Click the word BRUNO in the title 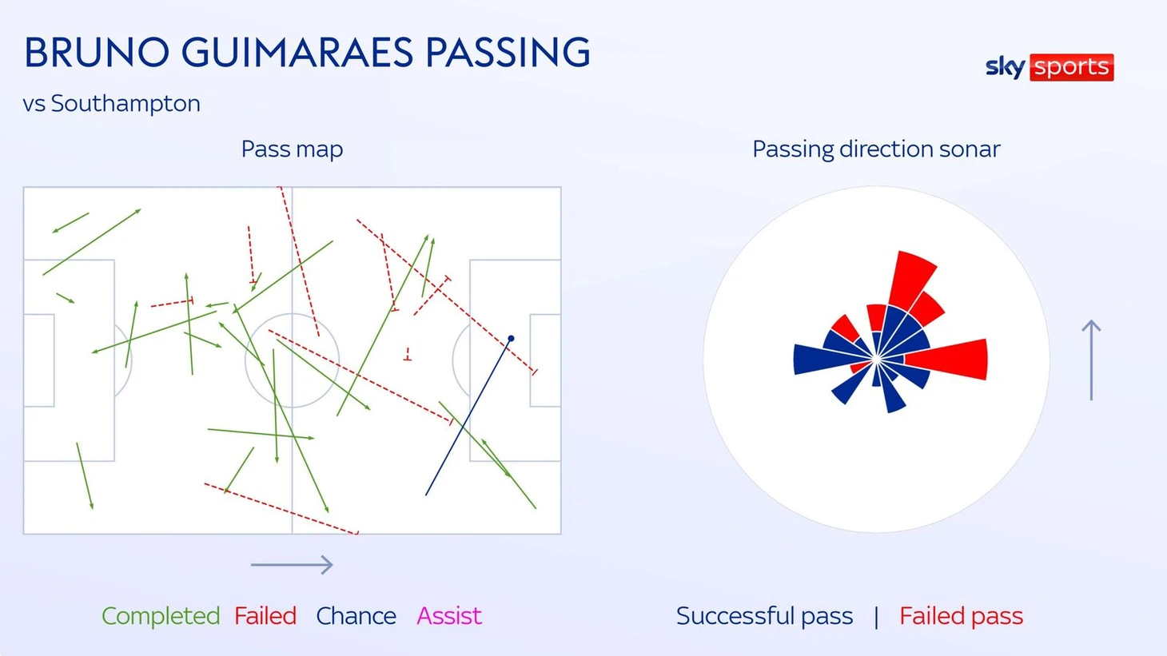pos(97,53)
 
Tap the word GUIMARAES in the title pos(297,53)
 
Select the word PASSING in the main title pos(508,53)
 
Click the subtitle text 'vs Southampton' pos(111,104)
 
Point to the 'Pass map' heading pos(292,149)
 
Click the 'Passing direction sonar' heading pos(876,149)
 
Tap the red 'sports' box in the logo pos(1072,67)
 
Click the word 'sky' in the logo pos(1006,68)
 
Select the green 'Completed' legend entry pos(161,616)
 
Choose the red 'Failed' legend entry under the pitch pos(265,616)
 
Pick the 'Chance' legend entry pos(356,616)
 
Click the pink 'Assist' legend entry pos(449,616)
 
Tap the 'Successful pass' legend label pos(764,616)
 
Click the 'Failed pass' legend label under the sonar pos(962,616)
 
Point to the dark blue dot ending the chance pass pos(511,339)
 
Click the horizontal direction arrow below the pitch pos(292,565)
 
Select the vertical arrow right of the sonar pos(1091,360)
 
